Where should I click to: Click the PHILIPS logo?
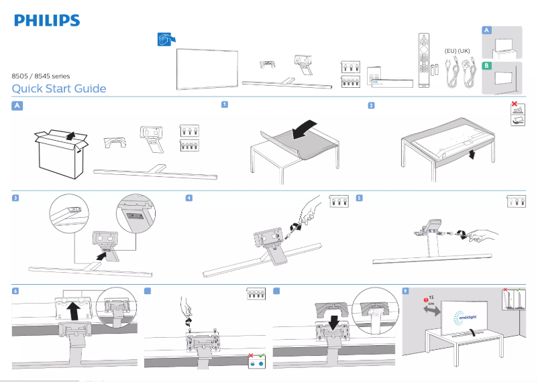click(47, 21)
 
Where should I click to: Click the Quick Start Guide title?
click(59, 89)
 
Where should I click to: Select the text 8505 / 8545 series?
click(41, 76)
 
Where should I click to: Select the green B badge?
click(487, 66)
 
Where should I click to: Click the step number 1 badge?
click(225, 105)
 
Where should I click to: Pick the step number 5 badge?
click(360, 198)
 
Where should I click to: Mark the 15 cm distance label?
click(431, 299)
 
